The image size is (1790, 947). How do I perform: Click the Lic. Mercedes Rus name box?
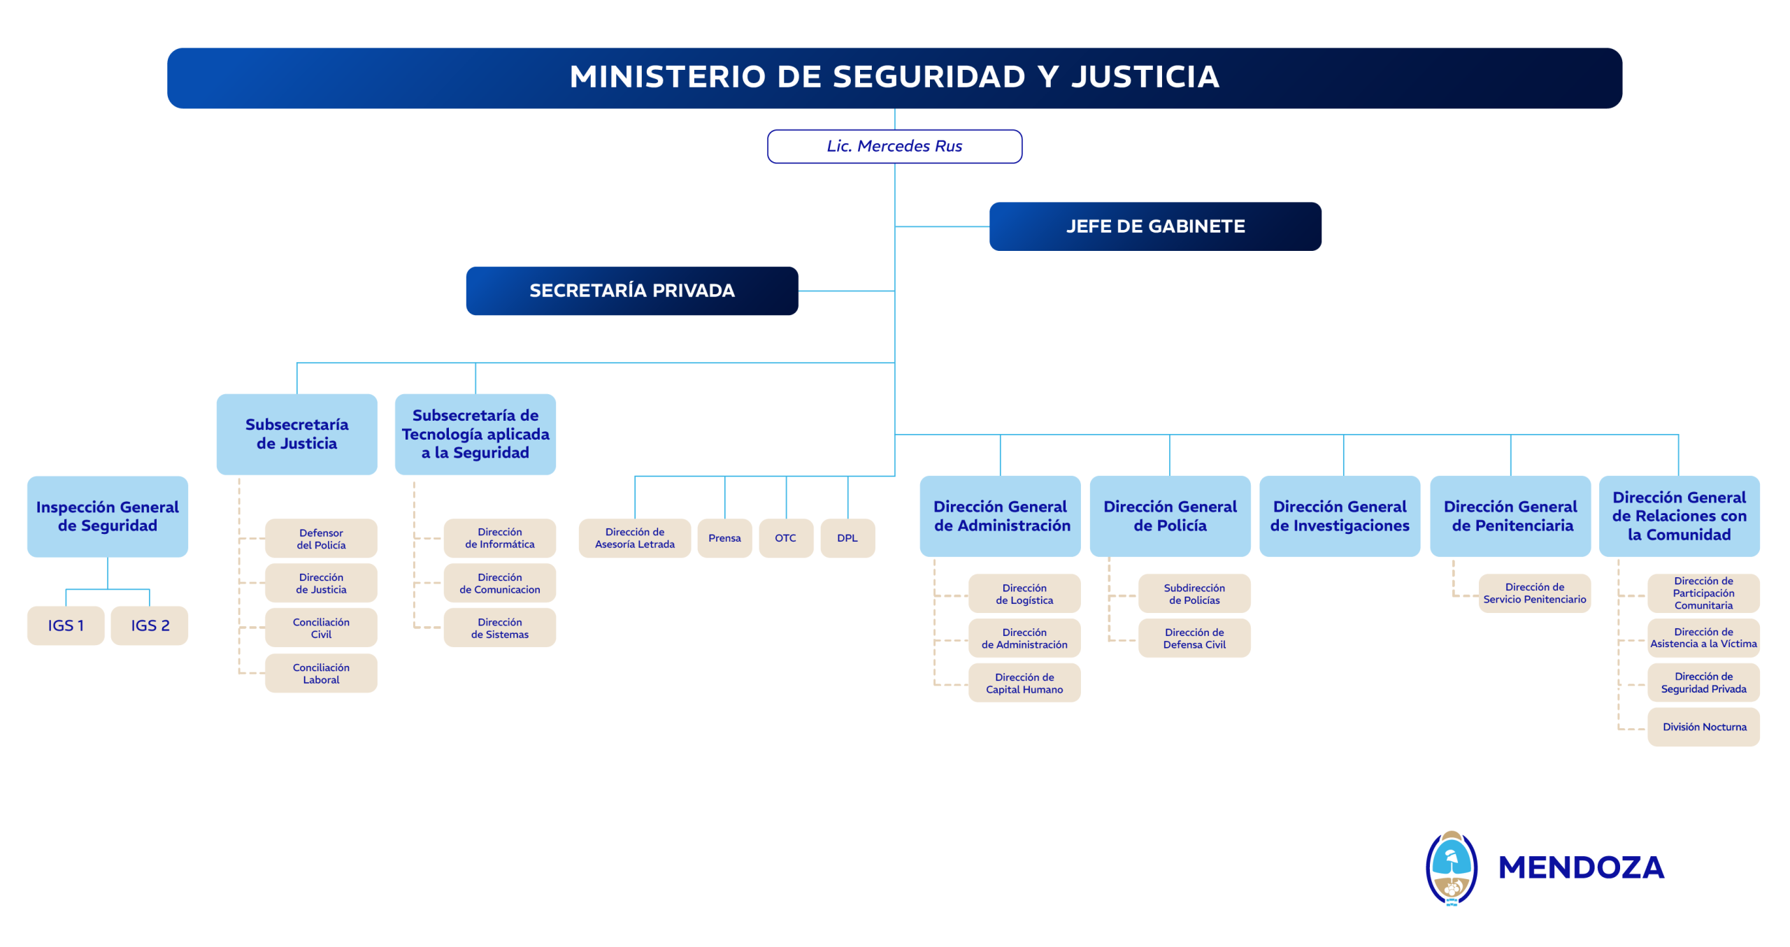(x=894, y=146)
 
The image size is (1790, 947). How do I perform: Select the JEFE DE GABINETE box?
(x=1154, y=226)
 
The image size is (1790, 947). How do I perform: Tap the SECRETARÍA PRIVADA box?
(x=631, y=291)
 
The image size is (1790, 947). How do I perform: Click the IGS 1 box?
(x=66, y=626)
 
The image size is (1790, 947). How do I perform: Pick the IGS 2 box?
(x=150, y=626)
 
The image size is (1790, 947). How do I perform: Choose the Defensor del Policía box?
(x=321, y=538)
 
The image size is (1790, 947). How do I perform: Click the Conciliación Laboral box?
(x=321, y=673)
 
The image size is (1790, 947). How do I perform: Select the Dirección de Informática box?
(x=499, y=538)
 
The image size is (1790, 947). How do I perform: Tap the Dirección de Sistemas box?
(x=499, y=628)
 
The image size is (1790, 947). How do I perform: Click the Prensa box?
(x=724, y=538)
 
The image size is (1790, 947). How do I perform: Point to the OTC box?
(x=785, y=538)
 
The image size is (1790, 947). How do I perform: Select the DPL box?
(x=847, y=538)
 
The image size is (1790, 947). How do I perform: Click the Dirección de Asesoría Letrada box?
(x=634, y=538)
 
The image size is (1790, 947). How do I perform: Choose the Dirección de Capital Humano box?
(x=1024, y=683)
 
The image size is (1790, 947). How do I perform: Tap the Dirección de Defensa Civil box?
(x=1194, y=638)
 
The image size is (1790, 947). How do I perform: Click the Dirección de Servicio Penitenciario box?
(x=1534, y=593)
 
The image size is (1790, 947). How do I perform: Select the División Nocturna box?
(x=1703, y=727)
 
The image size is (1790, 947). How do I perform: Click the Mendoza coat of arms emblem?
(x=1451, y=867)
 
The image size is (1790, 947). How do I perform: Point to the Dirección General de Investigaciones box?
(x=1339, y=516)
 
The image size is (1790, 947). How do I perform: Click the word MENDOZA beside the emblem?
(x=1580, y=867)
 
